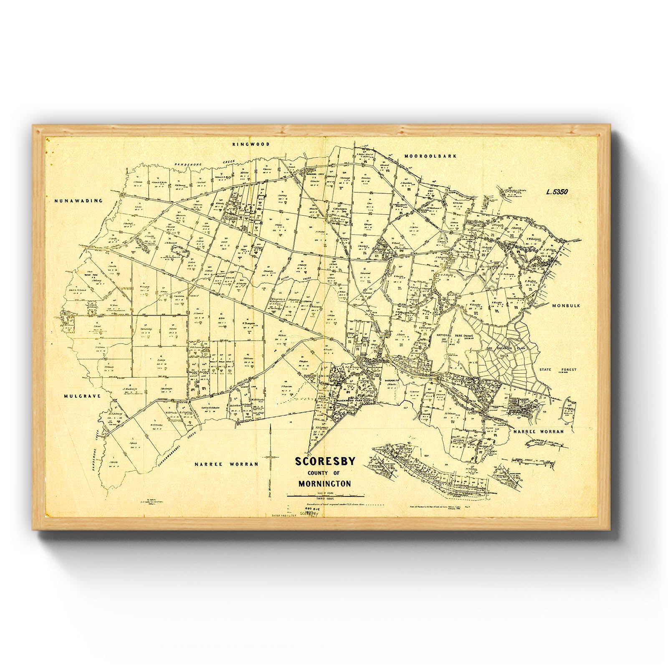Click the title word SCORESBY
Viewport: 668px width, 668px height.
[325, 462]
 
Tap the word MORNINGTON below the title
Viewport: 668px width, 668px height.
[324, 484]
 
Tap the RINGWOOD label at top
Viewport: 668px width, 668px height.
[251, 144]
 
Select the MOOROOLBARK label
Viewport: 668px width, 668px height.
[430, 156]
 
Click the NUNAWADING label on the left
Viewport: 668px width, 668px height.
[78, 201]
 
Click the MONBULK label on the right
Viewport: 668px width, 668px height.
[566, 306]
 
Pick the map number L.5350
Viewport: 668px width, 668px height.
[557, 192]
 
